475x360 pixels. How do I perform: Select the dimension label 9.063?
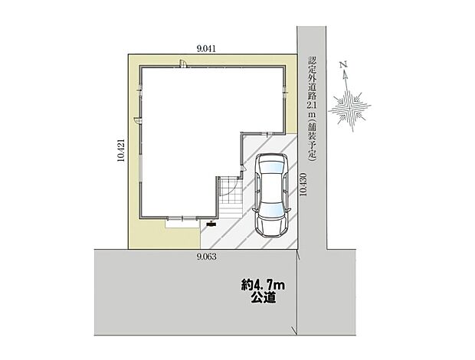(x=206, y=257)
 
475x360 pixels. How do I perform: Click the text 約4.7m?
(x=263, y=286)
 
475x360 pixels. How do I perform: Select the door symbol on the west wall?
(x=136, y=120)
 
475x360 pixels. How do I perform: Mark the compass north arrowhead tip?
(x=346, y=73)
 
